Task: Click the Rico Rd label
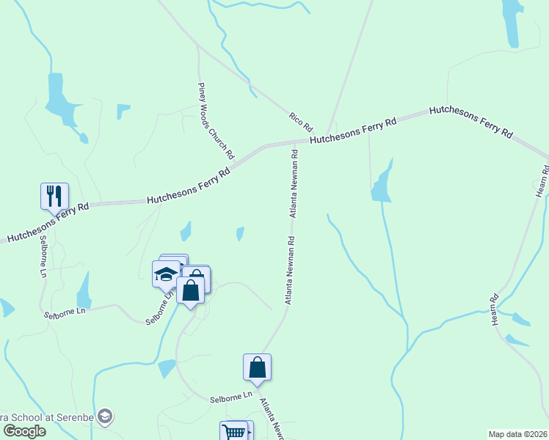click(300, 122)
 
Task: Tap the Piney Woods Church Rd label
click(215, 121)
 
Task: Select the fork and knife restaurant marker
click(54, 197)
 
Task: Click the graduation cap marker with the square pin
click(166, 275)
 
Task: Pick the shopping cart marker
click(234, 432)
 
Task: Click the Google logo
click(24, 431)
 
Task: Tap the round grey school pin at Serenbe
click(105, 417)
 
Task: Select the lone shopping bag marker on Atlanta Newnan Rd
click(258, 367)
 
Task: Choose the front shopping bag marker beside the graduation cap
click(191, 290)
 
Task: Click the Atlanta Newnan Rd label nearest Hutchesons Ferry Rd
click(294, 183)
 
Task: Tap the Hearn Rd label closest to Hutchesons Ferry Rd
click(542, 180)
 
